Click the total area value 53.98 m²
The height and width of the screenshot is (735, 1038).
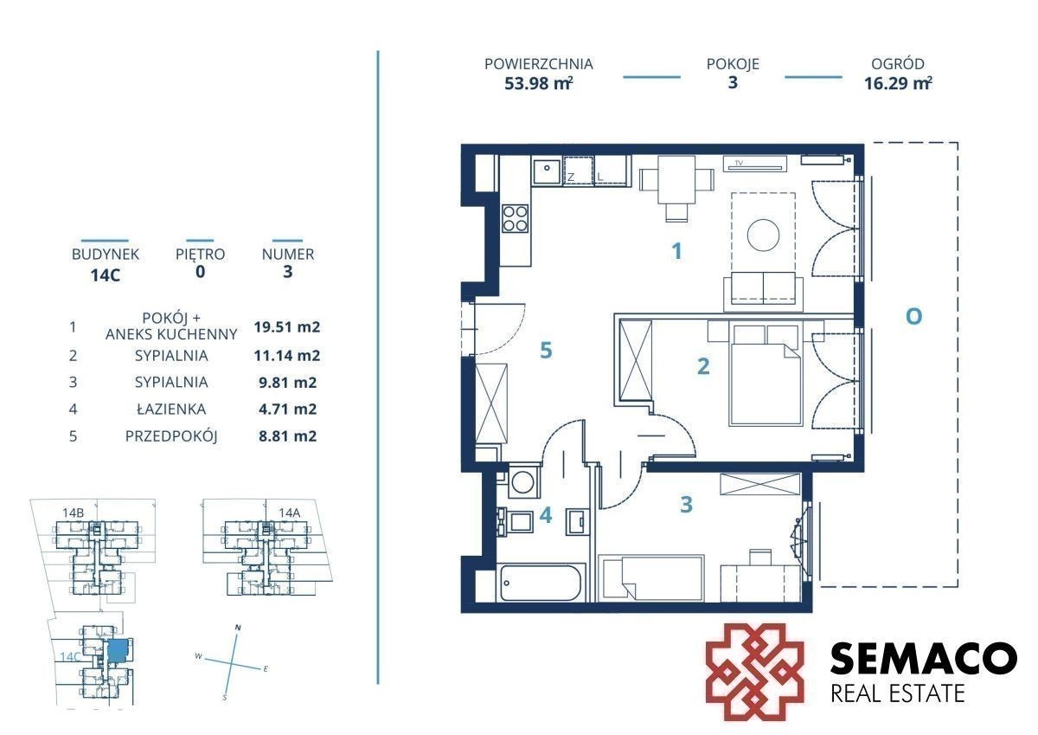pos(538,83)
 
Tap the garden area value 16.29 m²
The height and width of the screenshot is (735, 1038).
pos(898,83)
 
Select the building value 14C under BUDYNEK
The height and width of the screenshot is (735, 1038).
pos(106,275)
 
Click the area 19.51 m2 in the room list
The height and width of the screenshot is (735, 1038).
pos(287,327)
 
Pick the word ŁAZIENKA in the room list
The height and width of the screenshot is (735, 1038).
pos(171,409)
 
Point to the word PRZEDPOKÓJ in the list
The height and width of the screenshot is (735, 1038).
pos(171,436)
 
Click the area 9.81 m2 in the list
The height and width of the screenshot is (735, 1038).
pos(287,383)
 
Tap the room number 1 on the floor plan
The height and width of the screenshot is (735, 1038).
pos(676,251)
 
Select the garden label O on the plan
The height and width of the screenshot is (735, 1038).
pos(913,317)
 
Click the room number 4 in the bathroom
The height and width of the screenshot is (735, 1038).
pos(546,515)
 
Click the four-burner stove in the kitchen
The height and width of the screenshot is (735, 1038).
pos(516,219)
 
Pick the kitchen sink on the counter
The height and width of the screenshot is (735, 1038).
pos(548,171)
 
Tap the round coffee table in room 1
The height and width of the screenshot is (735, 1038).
pos(763,235)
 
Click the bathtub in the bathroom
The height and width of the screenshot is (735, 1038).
pos(541,583)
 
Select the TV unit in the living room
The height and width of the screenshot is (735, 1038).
pos(755,164)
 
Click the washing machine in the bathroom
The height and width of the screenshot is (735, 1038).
pos(523,482)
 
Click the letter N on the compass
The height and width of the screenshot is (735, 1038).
pos(238,628)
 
